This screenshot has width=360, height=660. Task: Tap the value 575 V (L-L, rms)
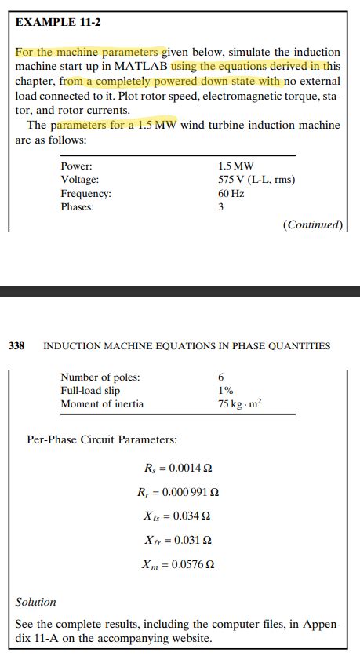coord(256,180)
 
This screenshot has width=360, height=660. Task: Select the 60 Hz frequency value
coord(229,193)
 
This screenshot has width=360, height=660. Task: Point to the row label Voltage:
coord(79,180)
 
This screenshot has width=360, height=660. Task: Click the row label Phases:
coord(77,206)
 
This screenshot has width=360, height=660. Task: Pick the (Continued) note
coord(312,224)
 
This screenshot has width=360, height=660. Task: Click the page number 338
coord(17,345)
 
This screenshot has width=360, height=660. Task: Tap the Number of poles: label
coord(100,377)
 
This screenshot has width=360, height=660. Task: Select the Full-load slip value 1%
coord(225,391)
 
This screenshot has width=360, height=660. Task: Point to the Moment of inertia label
coord(102,404)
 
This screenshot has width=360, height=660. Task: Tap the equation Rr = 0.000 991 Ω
coord(177,493)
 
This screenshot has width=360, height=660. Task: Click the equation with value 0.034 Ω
coord(178,516)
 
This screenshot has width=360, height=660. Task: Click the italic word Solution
coord(36,602)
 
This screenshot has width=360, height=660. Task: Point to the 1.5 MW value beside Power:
coord(235,166)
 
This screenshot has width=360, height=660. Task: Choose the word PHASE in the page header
coord(251,345)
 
